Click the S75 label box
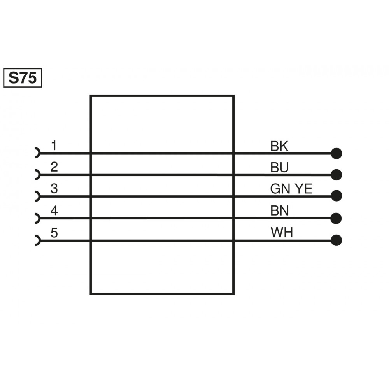tap(23, 78)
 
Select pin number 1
tap(54, 146)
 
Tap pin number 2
tap(54, 167)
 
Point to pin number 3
tap(54, 189)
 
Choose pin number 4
tap(54, 211)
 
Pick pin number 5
tap(54, 233)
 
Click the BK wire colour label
tap(279, 147)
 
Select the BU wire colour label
tap(279, 168)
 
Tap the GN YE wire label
tap(291, 189)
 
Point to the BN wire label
tap(280, 211)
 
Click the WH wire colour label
tap(282, 233)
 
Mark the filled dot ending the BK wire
tap(336, 153)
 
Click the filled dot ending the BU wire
tap(336, 175)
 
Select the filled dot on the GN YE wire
tap(336, 196)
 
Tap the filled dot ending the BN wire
tap(336, 218)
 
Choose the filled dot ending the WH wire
tap(336, 240)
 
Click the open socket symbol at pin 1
tap(37, 153)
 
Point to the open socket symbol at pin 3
tap(37, 196)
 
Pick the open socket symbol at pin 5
tap(37, 240)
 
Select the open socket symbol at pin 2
tap(37, 175)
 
